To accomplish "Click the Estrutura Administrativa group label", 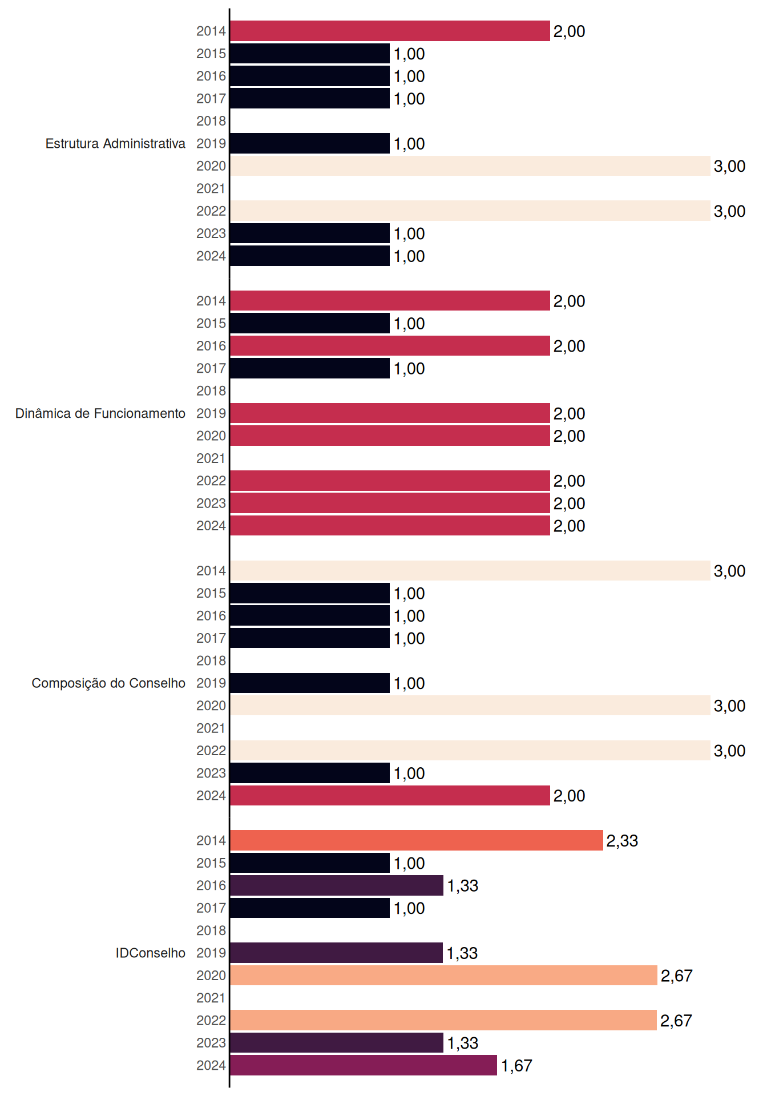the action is (x=115, y=143).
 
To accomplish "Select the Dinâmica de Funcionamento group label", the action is (x=100, y=413).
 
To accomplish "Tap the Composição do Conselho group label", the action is (x=108, y=683).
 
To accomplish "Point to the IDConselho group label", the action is (x=151, y=953).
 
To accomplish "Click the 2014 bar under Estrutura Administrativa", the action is (x=390, y=31).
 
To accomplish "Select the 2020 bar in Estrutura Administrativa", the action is (x=470, y=166).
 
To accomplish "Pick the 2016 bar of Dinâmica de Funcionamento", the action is (x=390, y=346).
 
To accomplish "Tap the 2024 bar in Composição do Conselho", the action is (x=390, y=796).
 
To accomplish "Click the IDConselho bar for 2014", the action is (x=417, y=840).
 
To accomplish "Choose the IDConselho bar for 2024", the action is (x=364, y=1065).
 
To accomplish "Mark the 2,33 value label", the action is (x=622, y=841).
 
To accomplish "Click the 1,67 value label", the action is (x=516, y=1066).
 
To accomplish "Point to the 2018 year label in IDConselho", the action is (x=211, y=930).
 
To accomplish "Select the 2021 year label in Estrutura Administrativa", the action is (x=211, y=188).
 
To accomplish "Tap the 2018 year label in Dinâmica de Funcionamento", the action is (x=211, y=391).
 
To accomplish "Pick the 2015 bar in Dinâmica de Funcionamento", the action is (x=310, y=323).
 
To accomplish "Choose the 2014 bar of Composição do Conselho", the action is (x=470, y=571).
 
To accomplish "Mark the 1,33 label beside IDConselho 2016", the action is (x=463, y=886).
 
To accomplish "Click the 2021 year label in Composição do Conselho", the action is (x=211, y=728).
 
